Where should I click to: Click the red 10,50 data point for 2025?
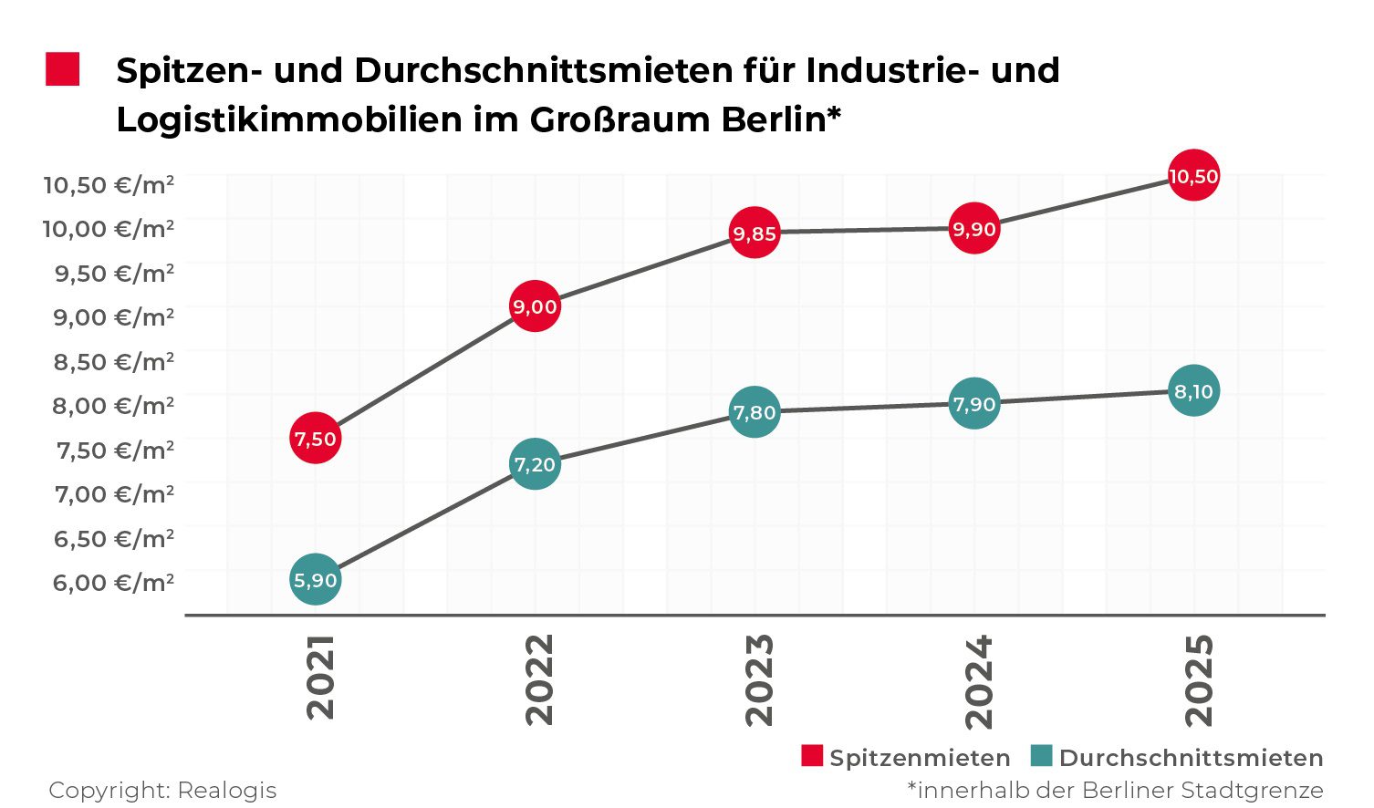(x=1193, y=176)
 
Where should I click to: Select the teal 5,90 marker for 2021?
(x=315, y=579)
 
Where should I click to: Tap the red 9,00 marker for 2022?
(x=535, y=306)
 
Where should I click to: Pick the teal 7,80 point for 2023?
(x=755, y=412)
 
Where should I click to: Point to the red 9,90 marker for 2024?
(x=974, y=228)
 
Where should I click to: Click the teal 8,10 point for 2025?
(x=1193, y=391)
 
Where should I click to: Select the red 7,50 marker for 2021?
(x=315, y=439)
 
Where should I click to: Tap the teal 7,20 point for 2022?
(x=535, y=464)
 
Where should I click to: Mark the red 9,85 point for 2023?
(x=755, y=233)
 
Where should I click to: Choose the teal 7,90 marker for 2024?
(x=974, y=403)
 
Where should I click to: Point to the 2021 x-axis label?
(x=320, y=678)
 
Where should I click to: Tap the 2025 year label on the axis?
(x=1199, y=680)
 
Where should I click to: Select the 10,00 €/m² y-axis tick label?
(x=109, y=228)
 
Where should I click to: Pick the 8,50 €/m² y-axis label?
(x=113, y=361)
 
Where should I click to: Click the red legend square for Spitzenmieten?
(x=811, y=756)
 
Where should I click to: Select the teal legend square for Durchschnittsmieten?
(x=1041, y=756)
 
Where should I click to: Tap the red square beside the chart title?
(x=63, y=69)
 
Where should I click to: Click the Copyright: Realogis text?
(x=162, y=790)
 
